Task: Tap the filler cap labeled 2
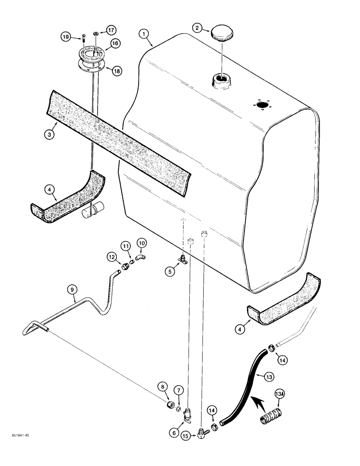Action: [x=221, y=34]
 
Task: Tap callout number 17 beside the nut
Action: [x=111, y=29]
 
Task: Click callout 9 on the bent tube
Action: [x=72, y=289]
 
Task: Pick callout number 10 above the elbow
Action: [x=141, y=242]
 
